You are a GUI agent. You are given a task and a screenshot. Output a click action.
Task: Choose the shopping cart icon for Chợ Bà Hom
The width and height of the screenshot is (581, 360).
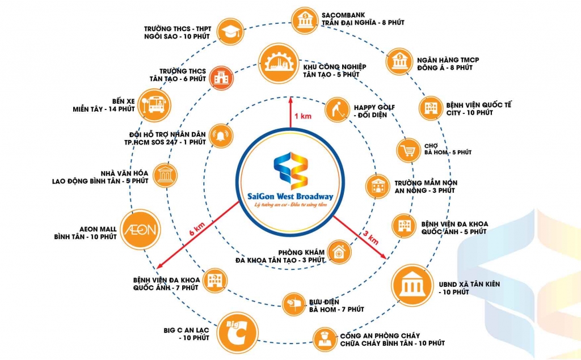(x=407, y=151)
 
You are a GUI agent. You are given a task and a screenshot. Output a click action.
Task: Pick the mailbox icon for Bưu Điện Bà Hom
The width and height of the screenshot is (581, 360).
(x=294, y=303)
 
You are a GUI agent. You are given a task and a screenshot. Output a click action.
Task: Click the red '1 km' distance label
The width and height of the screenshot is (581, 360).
(x=300, y=116)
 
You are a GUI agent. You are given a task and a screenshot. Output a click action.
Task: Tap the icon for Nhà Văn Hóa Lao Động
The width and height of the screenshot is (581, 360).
(x=165, y=175)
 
